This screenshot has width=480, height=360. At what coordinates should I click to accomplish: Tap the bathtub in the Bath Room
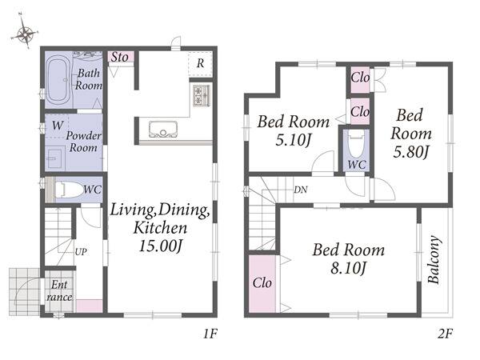point(58,79)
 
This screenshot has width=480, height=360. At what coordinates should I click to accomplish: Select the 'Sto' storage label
point(120,57)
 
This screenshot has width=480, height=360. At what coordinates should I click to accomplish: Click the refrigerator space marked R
point(200,64)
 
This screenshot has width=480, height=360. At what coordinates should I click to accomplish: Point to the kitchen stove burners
point(202,95)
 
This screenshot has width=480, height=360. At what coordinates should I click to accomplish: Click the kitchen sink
point(163,130)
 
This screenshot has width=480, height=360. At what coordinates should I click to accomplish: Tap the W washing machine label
point(58,126)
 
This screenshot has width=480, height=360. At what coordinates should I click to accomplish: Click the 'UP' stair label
point(81,252)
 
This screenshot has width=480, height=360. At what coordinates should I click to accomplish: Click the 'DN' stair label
point(301,190)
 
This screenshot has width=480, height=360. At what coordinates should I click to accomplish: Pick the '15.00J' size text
point(161,246)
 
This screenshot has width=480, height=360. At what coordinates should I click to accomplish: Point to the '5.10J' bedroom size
point(294,141)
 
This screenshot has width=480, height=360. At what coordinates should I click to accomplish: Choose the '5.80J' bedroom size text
point(410,152)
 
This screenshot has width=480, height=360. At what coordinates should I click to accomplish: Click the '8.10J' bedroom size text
point(348,269)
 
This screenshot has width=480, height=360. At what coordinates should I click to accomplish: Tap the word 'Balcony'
point(434,259)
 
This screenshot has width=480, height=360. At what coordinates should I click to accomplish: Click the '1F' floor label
point(210,334)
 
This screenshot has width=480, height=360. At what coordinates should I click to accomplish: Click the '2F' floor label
point(445,334)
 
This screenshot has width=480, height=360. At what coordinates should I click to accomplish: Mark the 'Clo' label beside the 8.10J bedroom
point(262,282)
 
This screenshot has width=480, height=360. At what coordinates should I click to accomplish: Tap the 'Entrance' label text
point(59,291)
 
